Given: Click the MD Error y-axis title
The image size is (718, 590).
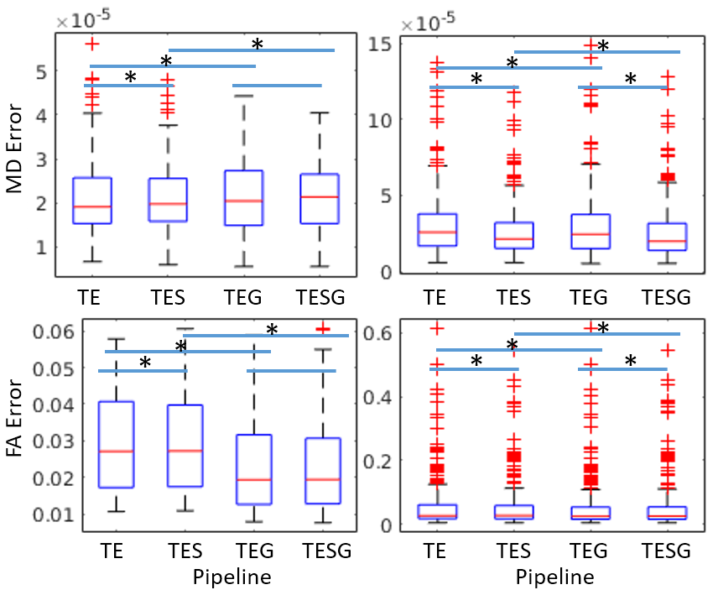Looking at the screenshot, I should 14,159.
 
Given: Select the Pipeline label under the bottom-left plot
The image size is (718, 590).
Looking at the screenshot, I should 232,577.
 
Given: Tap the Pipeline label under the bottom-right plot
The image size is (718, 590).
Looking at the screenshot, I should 554,577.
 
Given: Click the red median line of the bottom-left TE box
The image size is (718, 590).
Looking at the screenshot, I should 116,452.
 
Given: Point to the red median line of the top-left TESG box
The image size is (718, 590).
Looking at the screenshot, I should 320,196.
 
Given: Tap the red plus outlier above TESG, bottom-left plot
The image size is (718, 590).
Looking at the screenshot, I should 321,328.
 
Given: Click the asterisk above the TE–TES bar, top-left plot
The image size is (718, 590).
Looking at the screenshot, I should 130,77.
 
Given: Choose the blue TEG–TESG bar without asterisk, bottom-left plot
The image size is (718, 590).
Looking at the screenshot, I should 291,370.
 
